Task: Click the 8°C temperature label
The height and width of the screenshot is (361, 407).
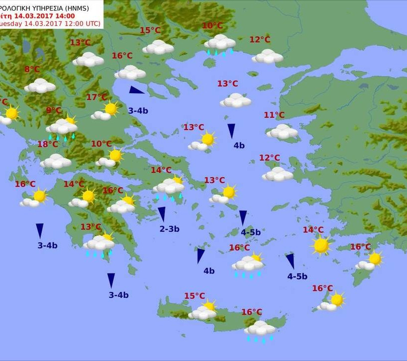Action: (32, 70)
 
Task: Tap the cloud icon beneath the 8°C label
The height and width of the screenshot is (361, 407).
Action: (40, 85)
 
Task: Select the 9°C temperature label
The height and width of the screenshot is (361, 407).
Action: (54, 110)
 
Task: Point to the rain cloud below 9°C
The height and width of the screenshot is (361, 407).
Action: (63, 127)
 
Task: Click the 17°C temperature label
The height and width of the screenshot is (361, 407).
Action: (96, 97)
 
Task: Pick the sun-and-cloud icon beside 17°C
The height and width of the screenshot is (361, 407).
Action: (106, 111)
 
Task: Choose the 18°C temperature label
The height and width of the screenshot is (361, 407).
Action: (48, 144)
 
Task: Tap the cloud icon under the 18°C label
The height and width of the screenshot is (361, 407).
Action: (56, 161)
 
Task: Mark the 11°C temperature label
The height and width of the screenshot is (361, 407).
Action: (274, 115)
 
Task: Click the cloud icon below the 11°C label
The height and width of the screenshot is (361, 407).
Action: (282, 132)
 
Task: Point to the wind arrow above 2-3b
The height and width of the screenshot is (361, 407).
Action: (161, 214)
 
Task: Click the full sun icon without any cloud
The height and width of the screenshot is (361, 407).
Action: (321, 245)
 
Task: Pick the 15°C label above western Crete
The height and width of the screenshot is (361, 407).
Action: (195, 296)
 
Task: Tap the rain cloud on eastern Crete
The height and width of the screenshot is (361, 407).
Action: (260, 329)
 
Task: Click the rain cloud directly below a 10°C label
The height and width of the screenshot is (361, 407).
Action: (219, 43)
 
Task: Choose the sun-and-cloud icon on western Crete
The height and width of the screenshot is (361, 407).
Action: (203, 311)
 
